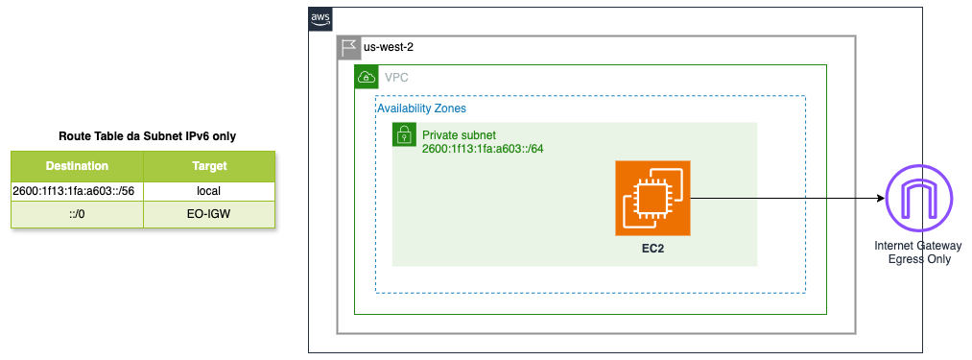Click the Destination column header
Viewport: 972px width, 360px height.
(x=77, y=166)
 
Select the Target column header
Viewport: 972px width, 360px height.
(x=209, y=166)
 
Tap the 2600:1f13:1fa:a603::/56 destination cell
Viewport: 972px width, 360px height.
(x=77, y=191)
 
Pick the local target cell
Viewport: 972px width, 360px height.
(x=209, y=191)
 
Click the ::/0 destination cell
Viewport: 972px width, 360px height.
(x=77, y=215)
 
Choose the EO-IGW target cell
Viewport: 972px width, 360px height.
(x=209, y=215)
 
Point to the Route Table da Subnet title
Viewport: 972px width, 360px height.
(x=147, y=136)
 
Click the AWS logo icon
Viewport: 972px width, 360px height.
(x=320, y=18)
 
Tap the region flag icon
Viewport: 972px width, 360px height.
(x=349, y=48)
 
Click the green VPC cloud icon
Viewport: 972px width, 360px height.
(x=367, y=77)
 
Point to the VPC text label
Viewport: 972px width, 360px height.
(x=396, y=78)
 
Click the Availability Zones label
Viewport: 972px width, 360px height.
(x=422, y=108)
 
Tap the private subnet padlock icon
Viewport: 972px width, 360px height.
(x=404, y=134)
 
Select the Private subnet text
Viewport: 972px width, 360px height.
(x=459, y=134)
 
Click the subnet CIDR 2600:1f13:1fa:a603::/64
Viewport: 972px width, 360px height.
(x=483, y=149)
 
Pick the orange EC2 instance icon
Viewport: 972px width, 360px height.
(x=652, y=198)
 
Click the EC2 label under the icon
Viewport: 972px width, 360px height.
(x=652, y=249)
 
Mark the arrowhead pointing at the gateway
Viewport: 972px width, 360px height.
(x=880, y=198)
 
